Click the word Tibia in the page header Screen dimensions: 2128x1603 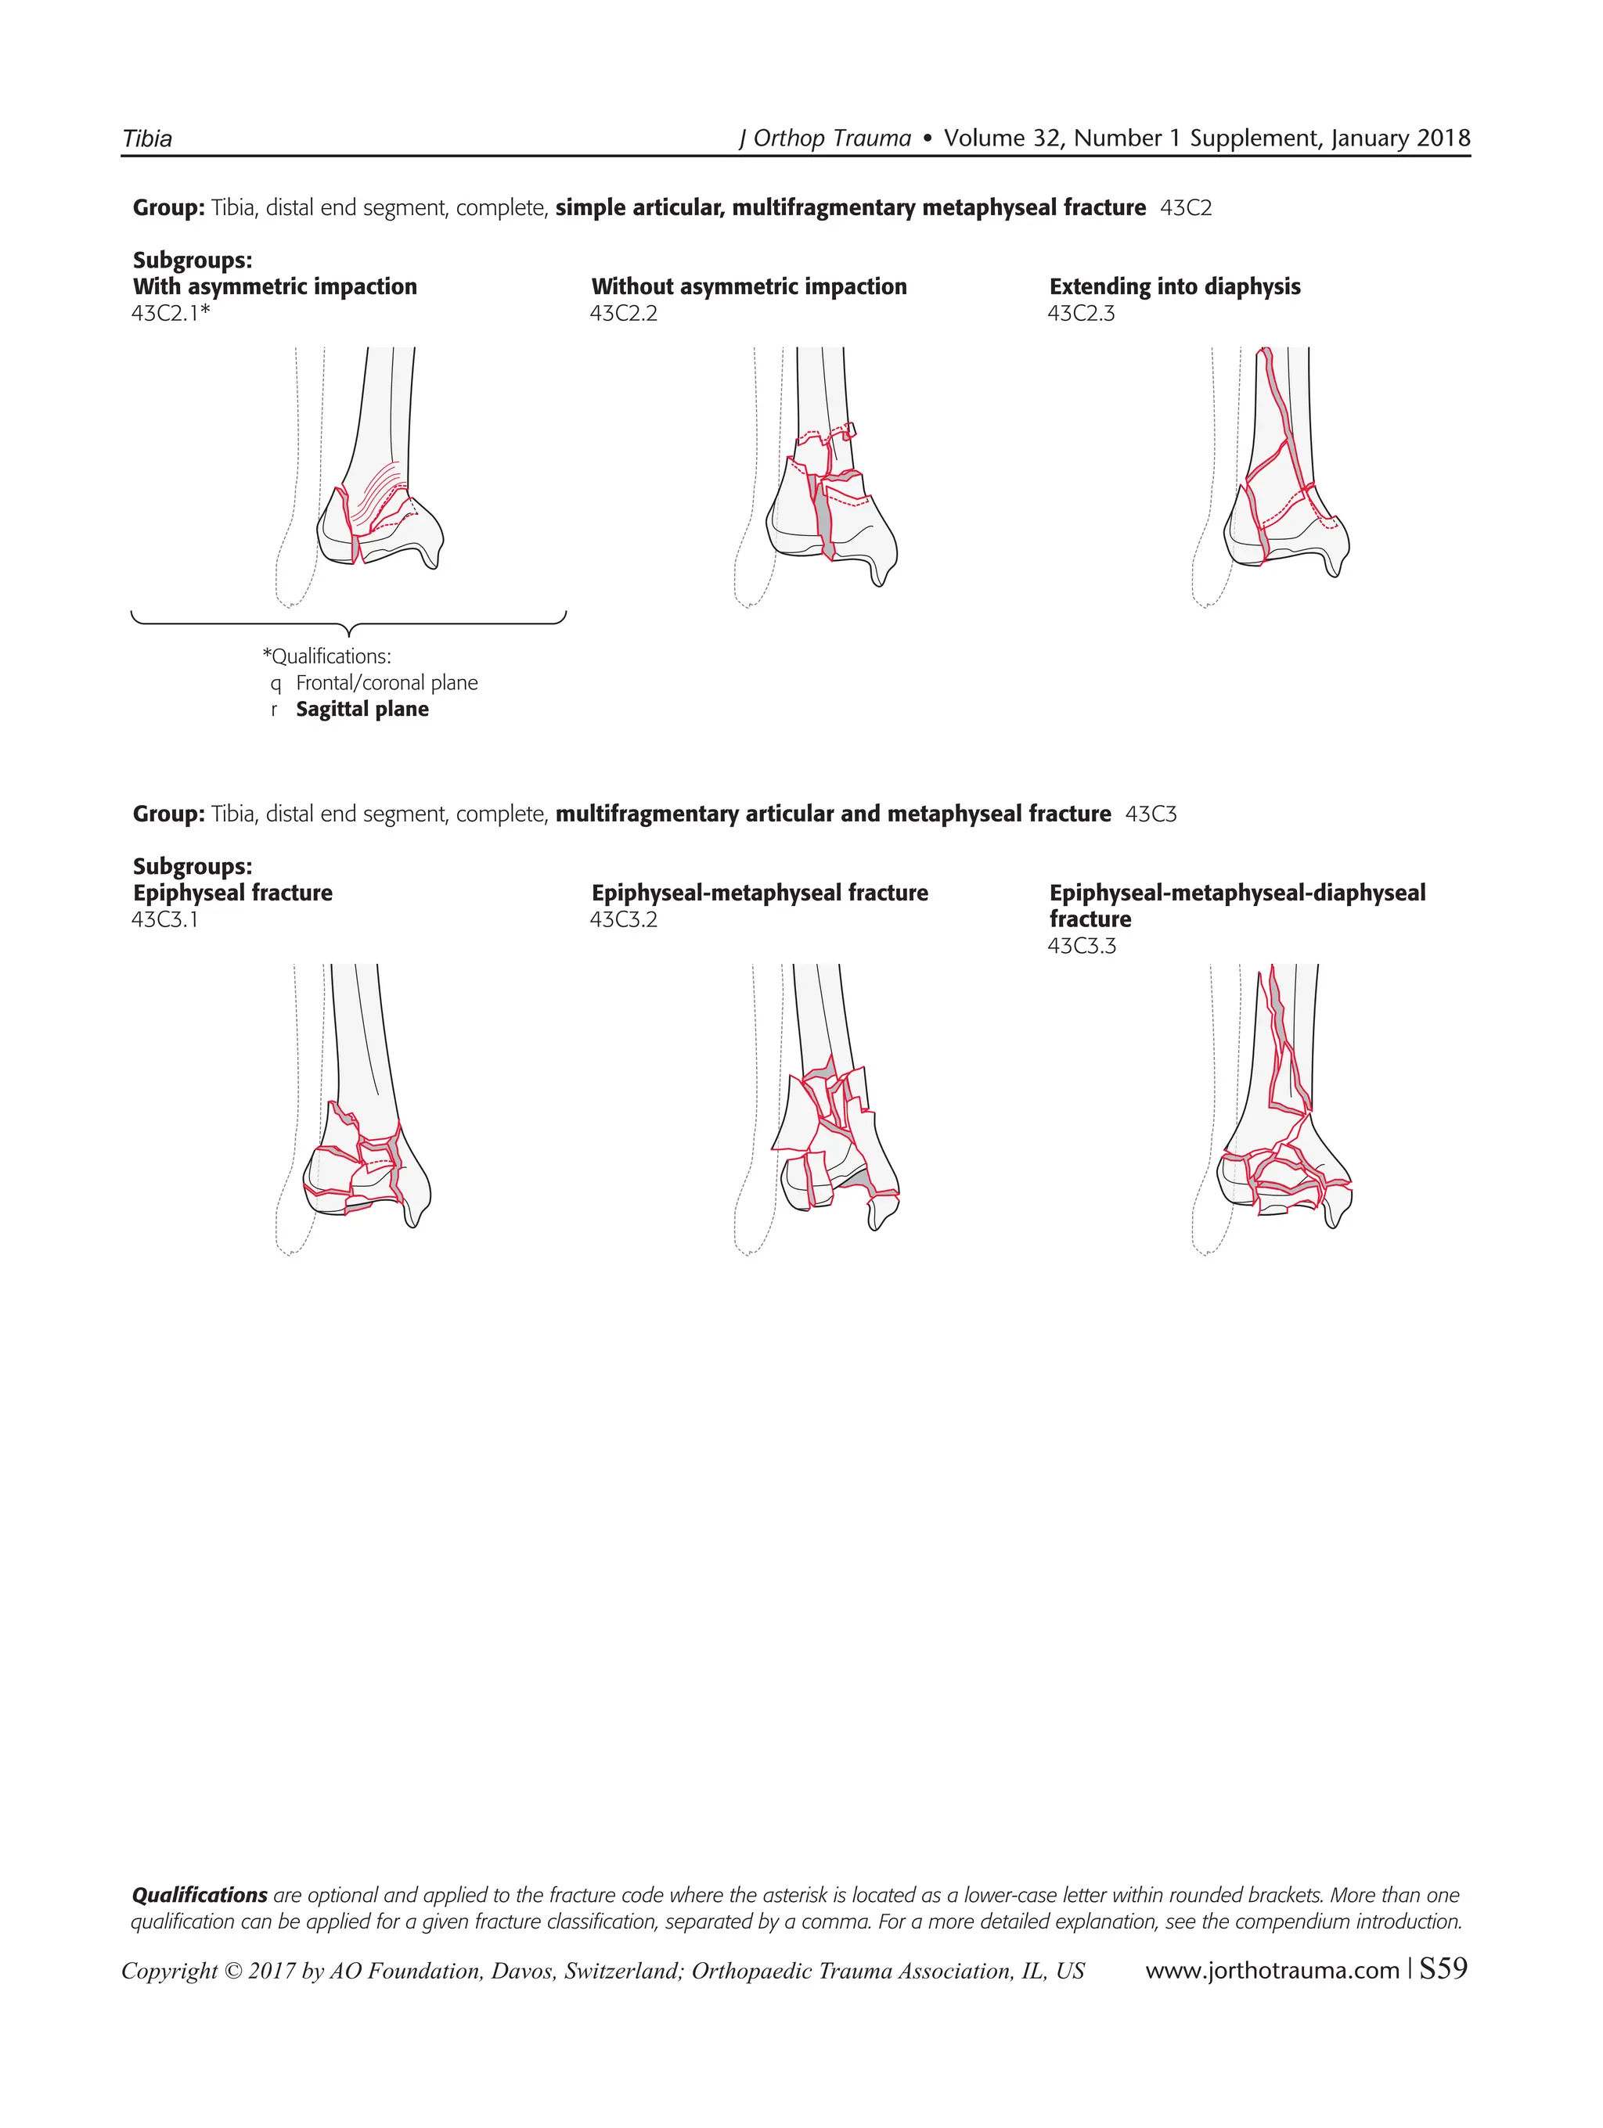147,138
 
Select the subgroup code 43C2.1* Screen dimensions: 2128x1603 171,314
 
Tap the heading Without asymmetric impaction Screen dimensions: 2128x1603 748,286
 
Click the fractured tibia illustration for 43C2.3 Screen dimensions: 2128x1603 1284,472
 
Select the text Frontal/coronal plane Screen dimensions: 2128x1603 386,683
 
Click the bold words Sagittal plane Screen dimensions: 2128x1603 362,710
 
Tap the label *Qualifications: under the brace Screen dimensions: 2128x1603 326,656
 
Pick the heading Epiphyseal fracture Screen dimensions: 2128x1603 232,893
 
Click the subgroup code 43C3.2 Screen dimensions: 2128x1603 624,920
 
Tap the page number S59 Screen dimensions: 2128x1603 1443,1969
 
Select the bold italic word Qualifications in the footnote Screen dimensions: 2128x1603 199,1895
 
